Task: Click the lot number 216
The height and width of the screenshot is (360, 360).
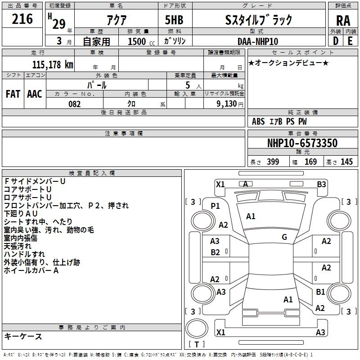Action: pos(22,19)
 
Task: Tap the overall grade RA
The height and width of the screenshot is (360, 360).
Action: pos(343,21)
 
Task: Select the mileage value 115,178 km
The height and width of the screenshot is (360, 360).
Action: pos(53,64)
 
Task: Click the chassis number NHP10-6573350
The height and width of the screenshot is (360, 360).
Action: pos(302,143)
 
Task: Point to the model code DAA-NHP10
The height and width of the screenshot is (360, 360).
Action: pos(258,41)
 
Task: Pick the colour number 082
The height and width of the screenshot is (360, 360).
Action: pos(75,104)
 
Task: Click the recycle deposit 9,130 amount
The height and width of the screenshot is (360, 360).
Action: pos(227,104)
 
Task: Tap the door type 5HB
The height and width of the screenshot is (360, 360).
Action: pos(174,20)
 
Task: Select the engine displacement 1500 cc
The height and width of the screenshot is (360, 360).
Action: pos(141,41)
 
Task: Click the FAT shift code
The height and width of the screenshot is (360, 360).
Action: pos(13,94)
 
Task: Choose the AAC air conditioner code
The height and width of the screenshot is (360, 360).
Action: pos(35,94)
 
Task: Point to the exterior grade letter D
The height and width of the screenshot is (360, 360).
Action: pos(336,41)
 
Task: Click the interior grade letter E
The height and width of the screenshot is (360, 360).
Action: pos(350,41)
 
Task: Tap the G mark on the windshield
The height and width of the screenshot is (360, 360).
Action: pos(284,237)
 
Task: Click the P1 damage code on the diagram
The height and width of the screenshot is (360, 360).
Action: pos(215,206)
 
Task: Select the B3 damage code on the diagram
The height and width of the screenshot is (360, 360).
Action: pos(321,184)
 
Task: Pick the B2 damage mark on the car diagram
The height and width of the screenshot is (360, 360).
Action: pos(215,252)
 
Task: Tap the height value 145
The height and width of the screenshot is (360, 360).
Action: pos(346,162)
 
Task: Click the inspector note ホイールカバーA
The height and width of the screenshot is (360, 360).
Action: pos(31,270)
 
